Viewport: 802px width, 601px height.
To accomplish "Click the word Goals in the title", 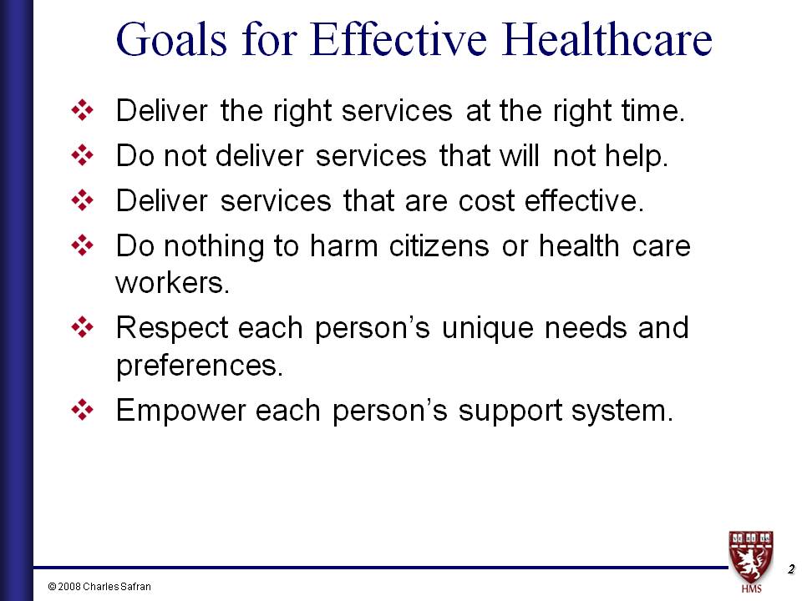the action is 171,40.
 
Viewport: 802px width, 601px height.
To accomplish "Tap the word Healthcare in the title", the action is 607,39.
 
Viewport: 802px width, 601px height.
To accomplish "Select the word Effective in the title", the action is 398,39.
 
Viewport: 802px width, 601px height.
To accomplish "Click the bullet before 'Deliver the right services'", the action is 83,110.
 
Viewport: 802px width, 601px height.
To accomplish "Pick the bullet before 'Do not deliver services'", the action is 83,155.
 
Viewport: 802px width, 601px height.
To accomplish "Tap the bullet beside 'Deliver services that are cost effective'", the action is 83,200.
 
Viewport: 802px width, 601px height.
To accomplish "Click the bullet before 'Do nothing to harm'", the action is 83,245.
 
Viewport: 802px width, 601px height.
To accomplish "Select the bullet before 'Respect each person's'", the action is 83,327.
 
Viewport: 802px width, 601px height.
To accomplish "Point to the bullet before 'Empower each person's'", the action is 83,410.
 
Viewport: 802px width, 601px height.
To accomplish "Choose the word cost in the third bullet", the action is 486,201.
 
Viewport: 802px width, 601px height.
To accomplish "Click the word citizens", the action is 439,245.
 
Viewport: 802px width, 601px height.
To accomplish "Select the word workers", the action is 172,283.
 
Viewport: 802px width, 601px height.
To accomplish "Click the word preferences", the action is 200,366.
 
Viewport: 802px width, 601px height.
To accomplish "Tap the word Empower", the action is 181,411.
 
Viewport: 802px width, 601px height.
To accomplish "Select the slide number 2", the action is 791,568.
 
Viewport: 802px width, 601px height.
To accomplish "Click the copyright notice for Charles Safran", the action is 99,587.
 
